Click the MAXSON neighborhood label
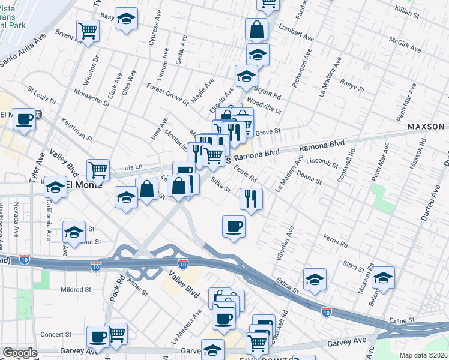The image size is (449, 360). (426, 127)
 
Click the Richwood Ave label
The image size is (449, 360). (302, 73)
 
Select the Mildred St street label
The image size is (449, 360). (75, 289)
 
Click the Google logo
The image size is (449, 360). (20, 353)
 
